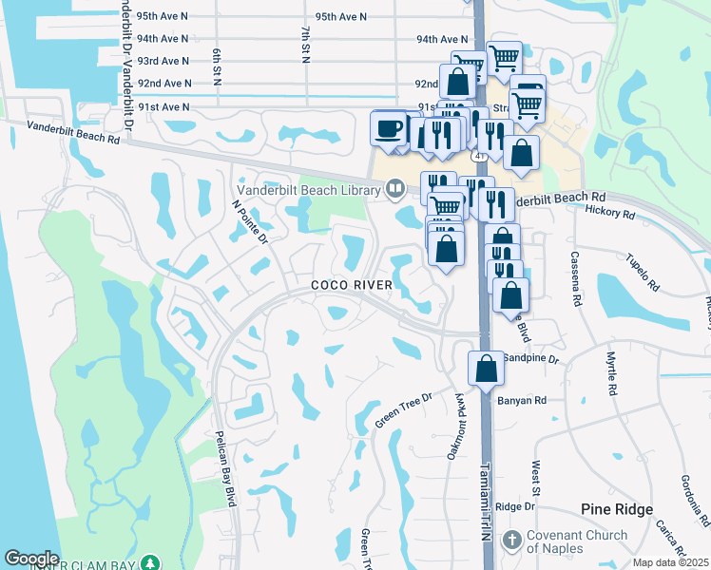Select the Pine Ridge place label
618,509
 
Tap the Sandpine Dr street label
530,359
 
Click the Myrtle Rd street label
612,372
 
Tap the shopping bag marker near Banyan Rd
486,368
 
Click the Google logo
31,559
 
